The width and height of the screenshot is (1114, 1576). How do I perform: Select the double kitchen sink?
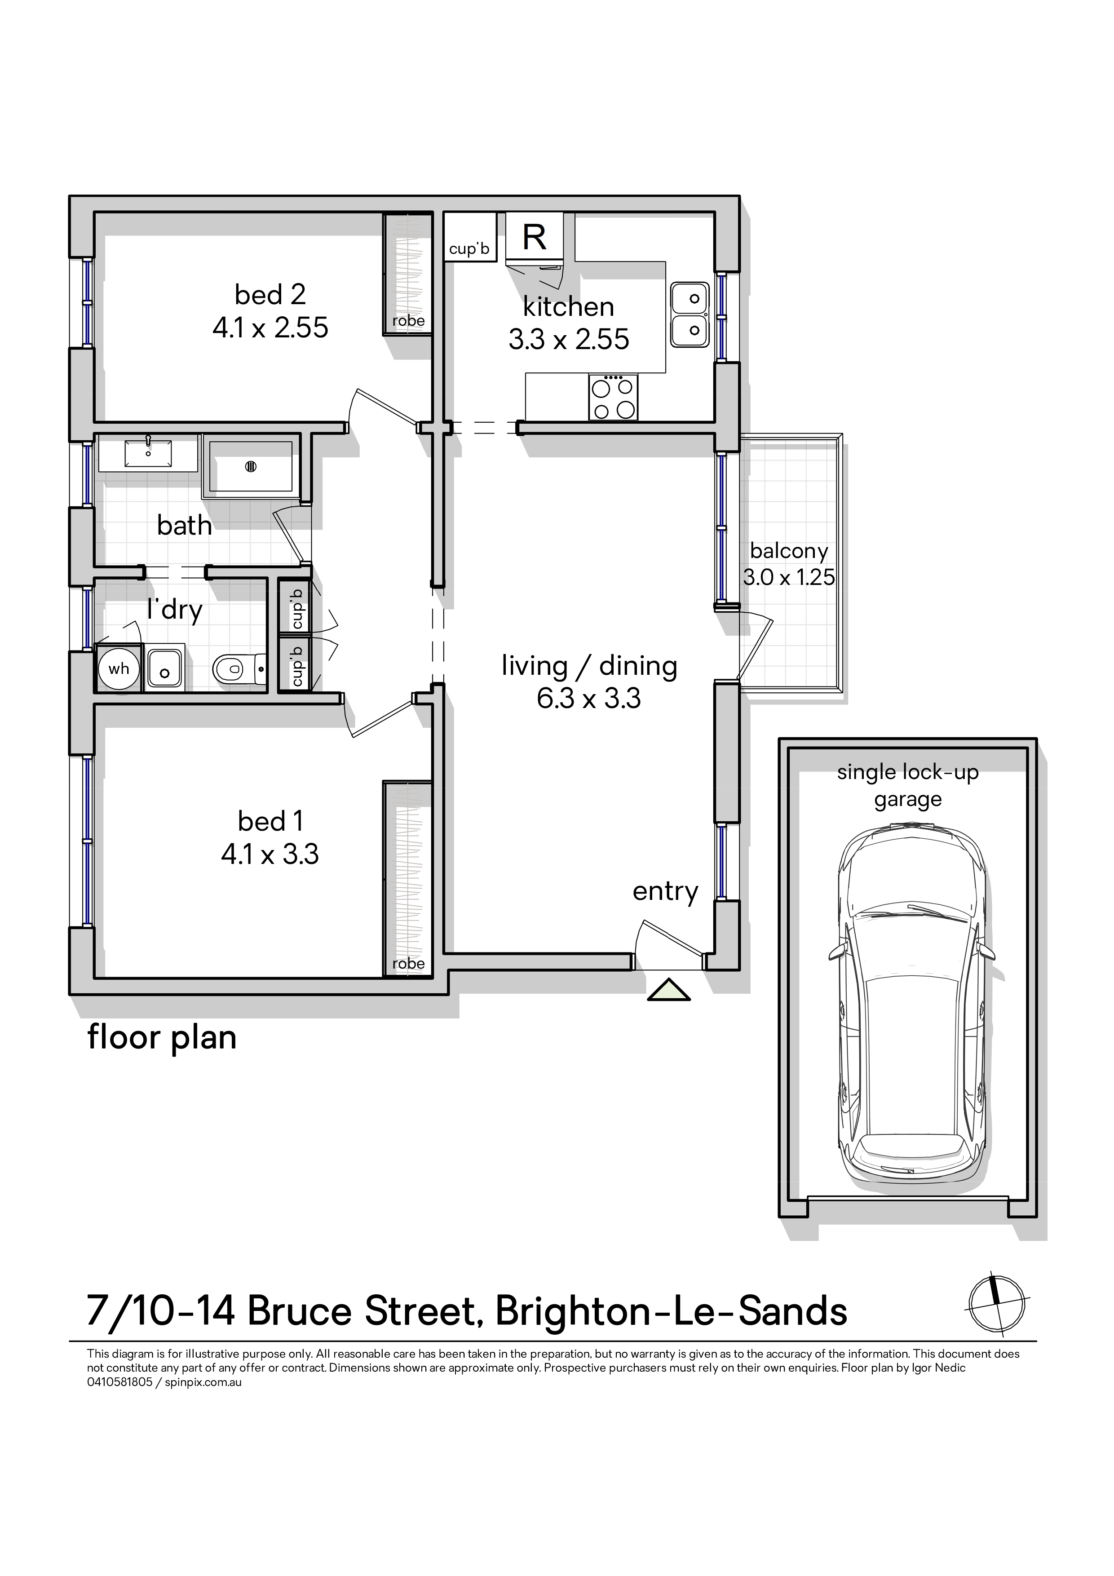pyautogui.click(x=690, y=315)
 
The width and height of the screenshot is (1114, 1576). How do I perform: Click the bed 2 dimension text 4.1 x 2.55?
pyautogui.click(x=270, y=328)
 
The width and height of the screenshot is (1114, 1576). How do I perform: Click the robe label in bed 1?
pyautogui.click(x=408, y=964)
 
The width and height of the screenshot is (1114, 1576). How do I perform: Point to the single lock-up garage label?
pyautogui.click(x=907, y=786)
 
